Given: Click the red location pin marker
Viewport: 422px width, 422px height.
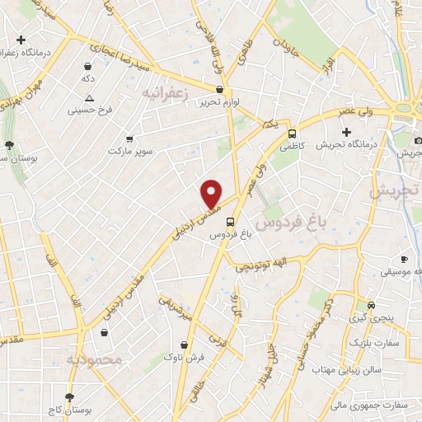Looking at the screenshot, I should click(x=212, y=193).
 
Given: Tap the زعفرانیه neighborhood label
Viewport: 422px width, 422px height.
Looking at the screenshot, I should click(x=166, y=94).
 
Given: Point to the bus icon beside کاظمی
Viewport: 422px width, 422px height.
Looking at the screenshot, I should click(x=292, y=133).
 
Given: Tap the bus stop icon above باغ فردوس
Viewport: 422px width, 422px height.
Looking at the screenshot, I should click(x=230, y=221).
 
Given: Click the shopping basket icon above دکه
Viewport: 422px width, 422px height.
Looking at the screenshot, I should click(x=88, y=65).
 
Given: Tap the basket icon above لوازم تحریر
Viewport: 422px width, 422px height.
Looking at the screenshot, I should click(x=219, y=91).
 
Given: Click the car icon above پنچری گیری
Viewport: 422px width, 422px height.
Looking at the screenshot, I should click(x=372, y=304).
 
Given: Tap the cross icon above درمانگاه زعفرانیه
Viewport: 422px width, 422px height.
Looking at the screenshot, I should click(x=21, y=39).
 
